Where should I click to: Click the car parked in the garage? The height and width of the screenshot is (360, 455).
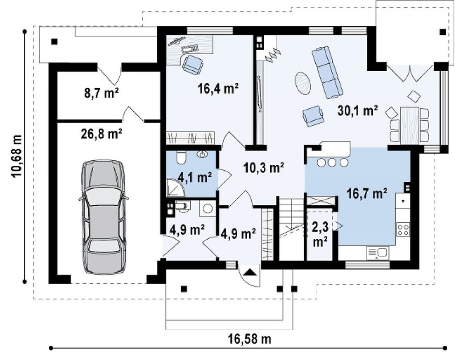pyautogui.click(x=103, y=216)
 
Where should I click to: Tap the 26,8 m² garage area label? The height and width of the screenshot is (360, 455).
pyautogui.click(x=101, y=134)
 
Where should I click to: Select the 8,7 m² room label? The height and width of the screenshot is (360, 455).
pyautogui.click(x=101, y=93)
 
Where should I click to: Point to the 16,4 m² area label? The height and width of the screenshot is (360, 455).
pyautogui.click(x=218, y=89)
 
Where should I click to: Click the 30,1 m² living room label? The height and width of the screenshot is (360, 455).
pyautogui.click(x=358, y=111)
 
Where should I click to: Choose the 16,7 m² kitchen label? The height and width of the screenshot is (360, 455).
pyautogui.click(x=367, y=193)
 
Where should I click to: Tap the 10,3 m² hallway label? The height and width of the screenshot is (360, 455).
pyautogui.click(x=264, y=168)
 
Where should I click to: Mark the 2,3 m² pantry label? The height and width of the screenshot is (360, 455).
pyautogui.click(x=320, y=234)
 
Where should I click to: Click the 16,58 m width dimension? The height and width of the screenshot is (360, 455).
pyautogui.click(x=250, y=338)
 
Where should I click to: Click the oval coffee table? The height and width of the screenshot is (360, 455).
pyautogui.click(x=303, y=83)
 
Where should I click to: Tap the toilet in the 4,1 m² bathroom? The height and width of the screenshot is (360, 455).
pyautogui.click(x=180, y=157)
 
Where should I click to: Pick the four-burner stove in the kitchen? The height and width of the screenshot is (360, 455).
pyautogui.click(x=403, y=230)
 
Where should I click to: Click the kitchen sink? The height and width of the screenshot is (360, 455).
pyautogui.click(x=377, y=253)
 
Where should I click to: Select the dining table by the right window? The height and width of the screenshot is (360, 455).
pyautogui.click(x=409, y=125)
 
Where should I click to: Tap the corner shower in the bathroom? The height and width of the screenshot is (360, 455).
pyautogui.click(x=175, y=187)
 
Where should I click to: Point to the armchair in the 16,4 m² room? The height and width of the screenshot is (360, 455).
pyautogui.click(x=193, y=64)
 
